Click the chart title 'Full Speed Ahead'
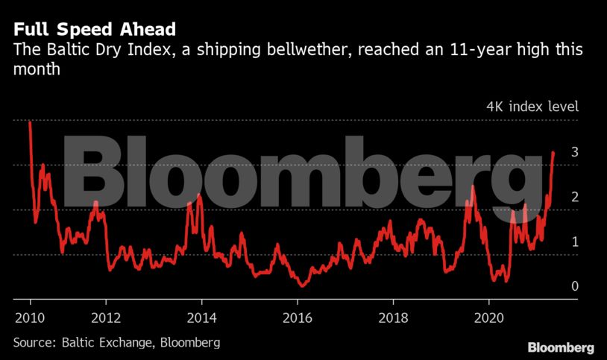click(94, 30)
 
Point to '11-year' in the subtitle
click(452, 51)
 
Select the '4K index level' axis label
click(532, 106)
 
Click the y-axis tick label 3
click(554, 152)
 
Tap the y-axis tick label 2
click(554, 197)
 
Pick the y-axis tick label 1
click(554, 241)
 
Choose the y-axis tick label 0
click(554, 286)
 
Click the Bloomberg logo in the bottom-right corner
click(561, 347)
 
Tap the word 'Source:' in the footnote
click(35, 342)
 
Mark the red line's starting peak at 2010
click(30, 122)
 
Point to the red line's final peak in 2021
click(553, 152)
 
